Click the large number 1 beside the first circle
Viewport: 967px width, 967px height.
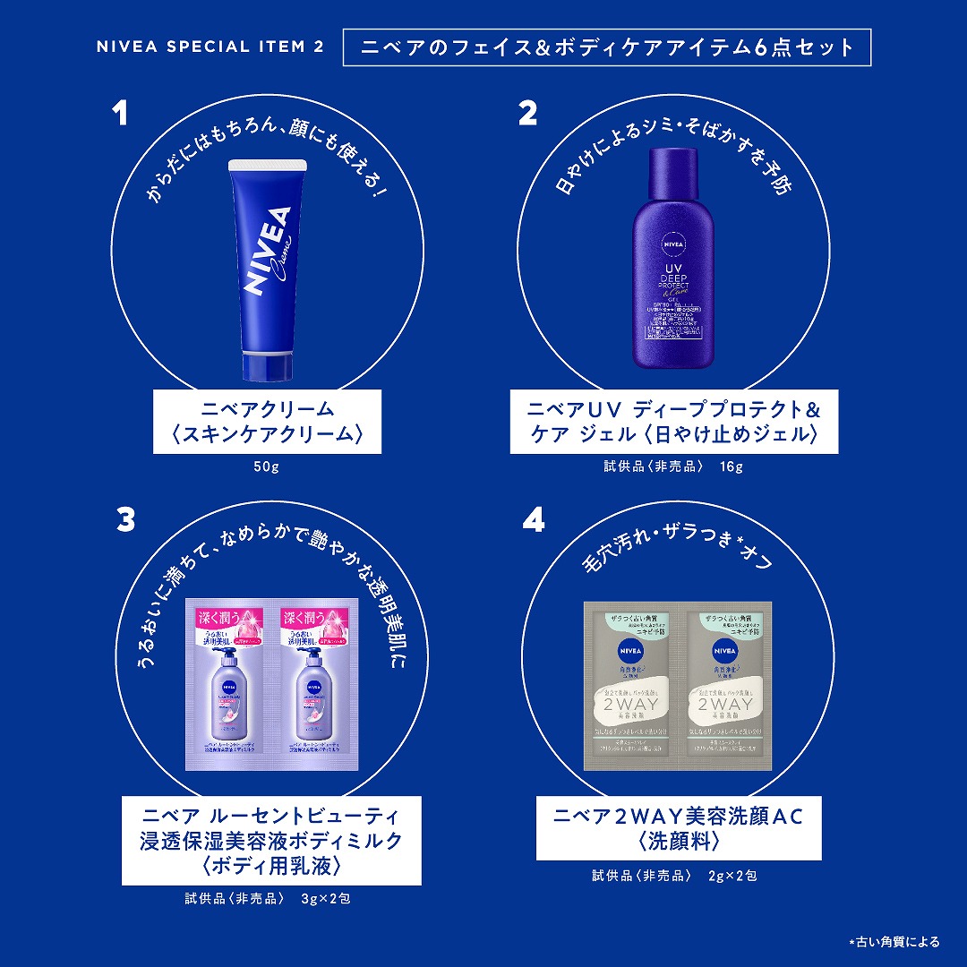click(x=119, y=115)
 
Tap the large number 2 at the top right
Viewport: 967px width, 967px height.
click(x=528, y=114)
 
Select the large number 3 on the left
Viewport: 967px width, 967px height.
click(x=126, y=519)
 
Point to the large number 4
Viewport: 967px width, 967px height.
click(x=533, y=519)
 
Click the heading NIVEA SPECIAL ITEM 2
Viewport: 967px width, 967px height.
click(x=210, y=47)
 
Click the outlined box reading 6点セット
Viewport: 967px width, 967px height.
click(x=607, y=47)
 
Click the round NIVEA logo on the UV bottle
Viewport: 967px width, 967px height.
click(x=672, y=242)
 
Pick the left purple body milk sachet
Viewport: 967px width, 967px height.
click(x=228, y=686)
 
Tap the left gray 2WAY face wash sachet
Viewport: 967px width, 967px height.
click(x=631, y=686)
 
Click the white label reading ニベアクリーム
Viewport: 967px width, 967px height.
click(x=267, y=422)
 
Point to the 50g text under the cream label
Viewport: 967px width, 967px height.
click(x=267, y=466)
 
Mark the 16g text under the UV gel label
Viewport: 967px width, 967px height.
click(x=732, y=466)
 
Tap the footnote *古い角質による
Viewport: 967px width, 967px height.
click(x=894, y=941)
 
